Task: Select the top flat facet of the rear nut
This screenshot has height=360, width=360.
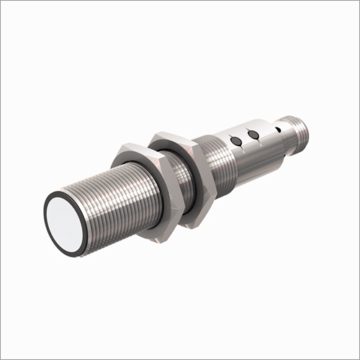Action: (x=173, y=138)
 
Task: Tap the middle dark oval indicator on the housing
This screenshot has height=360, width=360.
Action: (x=253, y=134)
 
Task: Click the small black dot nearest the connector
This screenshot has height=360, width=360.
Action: (x=277, y=130)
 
